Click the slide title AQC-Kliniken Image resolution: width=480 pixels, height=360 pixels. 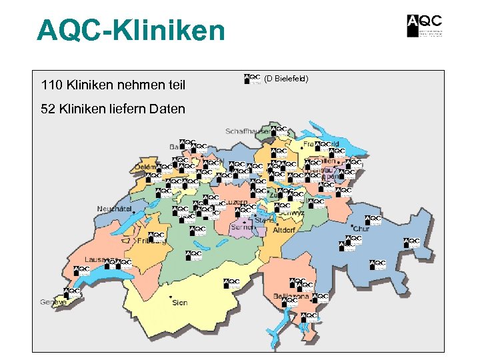131,30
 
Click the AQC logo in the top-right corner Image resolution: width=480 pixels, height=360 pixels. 424,25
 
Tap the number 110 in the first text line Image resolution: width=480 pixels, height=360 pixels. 51,85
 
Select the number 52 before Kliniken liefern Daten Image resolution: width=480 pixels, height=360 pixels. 48,108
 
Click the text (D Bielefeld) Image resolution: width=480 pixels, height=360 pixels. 286,79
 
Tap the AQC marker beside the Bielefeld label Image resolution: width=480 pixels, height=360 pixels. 252,79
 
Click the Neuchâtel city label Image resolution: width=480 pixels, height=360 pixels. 113,209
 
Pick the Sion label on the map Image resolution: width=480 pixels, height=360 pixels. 179,302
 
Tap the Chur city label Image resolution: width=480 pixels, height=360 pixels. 361,229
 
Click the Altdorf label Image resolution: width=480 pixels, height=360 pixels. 284,230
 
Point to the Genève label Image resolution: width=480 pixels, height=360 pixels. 53,302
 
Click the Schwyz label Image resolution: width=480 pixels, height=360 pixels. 293,213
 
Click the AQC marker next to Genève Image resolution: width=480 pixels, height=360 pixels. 71,293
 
